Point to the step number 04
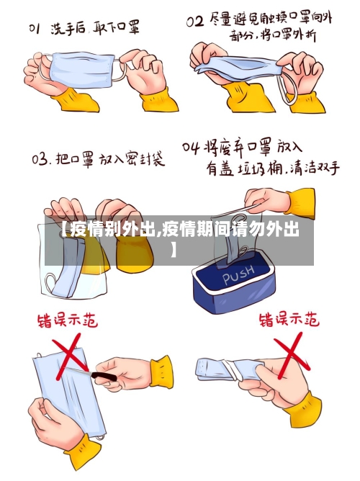190,148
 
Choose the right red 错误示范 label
288,318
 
